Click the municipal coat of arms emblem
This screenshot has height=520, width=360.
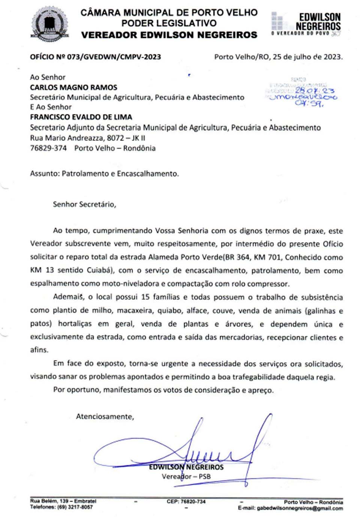click(x=50, y=24)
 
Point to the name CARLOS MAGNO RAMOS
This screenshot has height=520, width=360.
click(x=73, y=87)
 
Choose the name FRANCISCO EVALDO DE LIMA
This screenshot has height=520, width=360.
click(x=81, y=117)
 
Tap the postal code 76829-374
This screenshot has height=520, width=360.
click(x=48, y=148)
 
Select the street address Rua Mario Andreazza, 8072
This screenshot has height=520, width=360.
click(x=77, y=138)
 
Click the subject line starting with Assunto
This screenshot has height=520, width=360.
click(x=104, y=173)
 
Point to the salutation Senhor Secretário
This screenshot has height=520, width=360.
click(x=84, y=204)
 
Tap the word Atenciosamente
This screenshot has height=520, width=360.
click(x=105, y=416)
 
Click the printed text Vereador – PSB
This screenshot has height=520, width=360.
click(x=186, y=477)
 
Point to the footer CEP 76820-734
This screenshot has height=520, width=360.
click(x=186, y=501)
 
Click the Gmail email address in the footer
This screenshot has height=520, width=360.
click(x=299, y=508)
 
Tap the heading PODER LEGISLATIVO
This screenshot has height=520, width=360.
click(x=169, y=23)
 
